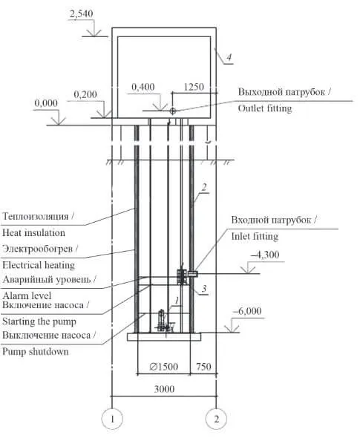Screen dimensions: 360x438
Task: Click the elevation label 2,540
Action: pos(81,14)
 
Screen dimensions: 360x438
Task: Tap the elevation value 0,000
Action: pos(46,103)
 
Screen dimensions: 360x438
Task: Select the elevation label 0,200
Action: pos(85,94)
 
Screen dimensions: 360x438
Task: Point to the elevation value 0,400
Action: pos(143,87)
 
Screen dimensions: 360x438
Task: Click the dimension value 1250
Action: pos(194,87)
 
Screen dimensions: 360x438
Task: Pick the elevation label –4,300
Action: pos(265,255)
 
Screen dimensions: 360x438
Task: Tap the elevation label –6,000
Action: pos(247,311)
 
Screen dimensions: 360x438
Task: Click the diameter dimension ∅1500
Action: pos(163,367)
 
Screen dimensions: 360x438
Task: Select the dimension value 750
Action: pos(203,367)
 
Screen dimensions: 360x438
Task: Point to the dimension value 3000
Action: pos(164,389)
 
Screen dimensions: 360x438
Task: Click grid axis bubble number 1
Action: pos(112,419)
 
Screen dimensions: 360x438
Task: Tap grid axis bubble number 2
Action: pos(216,419)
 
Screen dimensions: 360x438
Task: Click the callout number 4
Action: pos(229,57)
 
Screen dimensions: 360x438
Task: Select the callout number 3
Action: pos(204,289)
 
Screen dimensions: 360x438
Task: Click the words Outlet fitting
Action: pos(265,108)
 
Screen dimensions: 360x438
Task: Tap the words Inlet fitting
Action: pos(255,236)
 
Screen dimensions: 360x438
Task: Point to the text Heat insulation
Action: pos(33,232)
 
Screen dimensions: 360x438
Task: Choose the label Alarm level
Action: pos(27,295)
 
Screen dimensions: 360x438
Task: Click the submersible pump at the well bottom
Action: pos(162,321)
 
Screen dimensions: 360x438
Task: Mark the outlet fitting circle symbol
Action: pos(173,111)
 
